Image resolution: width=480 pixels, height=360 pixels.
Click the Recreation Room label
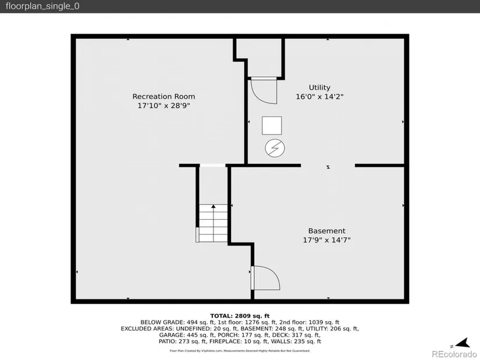pyautogui.click(x=163, y=97)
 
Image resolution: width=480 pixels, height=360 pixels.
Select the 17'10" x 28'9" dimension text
pyautogui.click(x=163, y=106)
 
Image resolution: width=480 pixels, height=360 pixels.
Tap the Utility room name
pyautogui.click(x=319, y=88)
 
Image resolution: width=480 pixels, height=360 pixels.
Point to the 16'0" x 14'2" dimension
pyautogui.click(x=319, y=97)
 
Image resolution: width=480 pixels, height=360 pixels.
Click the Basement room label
pyautogui.click(x=326, y=231)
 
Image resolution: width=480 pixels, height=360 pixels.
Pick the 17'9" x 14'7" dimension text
pyautogui.click(x=326, y=240)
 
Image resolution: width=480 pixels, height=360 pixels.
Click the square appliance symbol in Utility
pyautogui.click(x=272, y=126)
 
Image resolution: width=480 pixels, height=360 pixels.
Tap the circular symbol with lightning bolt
pyautogui.click(x=275, y=148)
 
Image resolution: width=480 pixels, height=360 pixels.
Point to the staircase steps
pyautogui.click(x=213, y=223)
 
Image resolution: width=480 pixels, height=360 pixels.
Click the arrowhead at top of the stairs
pyautogui.click(x=214, y=206)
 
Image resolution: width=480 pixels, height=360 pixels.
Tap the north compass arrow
pyautogui.click(x=463, y=343)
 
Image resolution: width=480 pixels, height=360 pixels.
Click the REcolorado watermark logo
pyautogui.click(x=454, y=354)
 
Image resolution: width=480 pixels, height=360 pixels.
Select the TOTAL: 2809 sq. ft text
pyautogui.click(x=240, y=316)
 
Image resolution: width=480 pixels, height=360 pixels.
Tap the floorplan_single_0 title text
pyautogui.click(x=42, y=6)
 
